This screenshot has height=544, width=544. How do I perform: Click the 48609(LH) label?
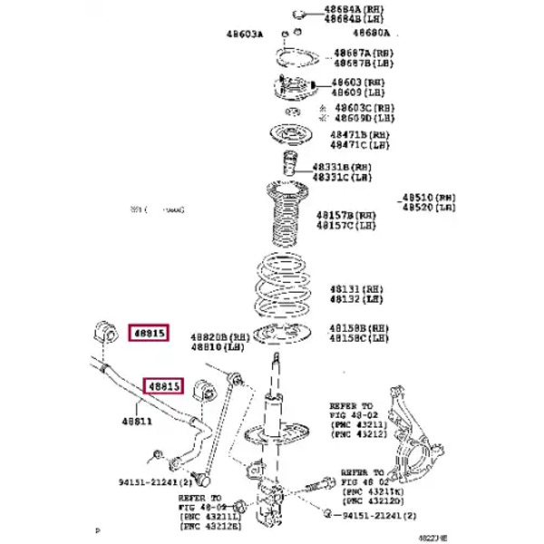click(x=357, y=92)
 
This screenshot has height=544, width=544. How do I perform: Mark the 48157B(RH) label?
click(x=345, y=216)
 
